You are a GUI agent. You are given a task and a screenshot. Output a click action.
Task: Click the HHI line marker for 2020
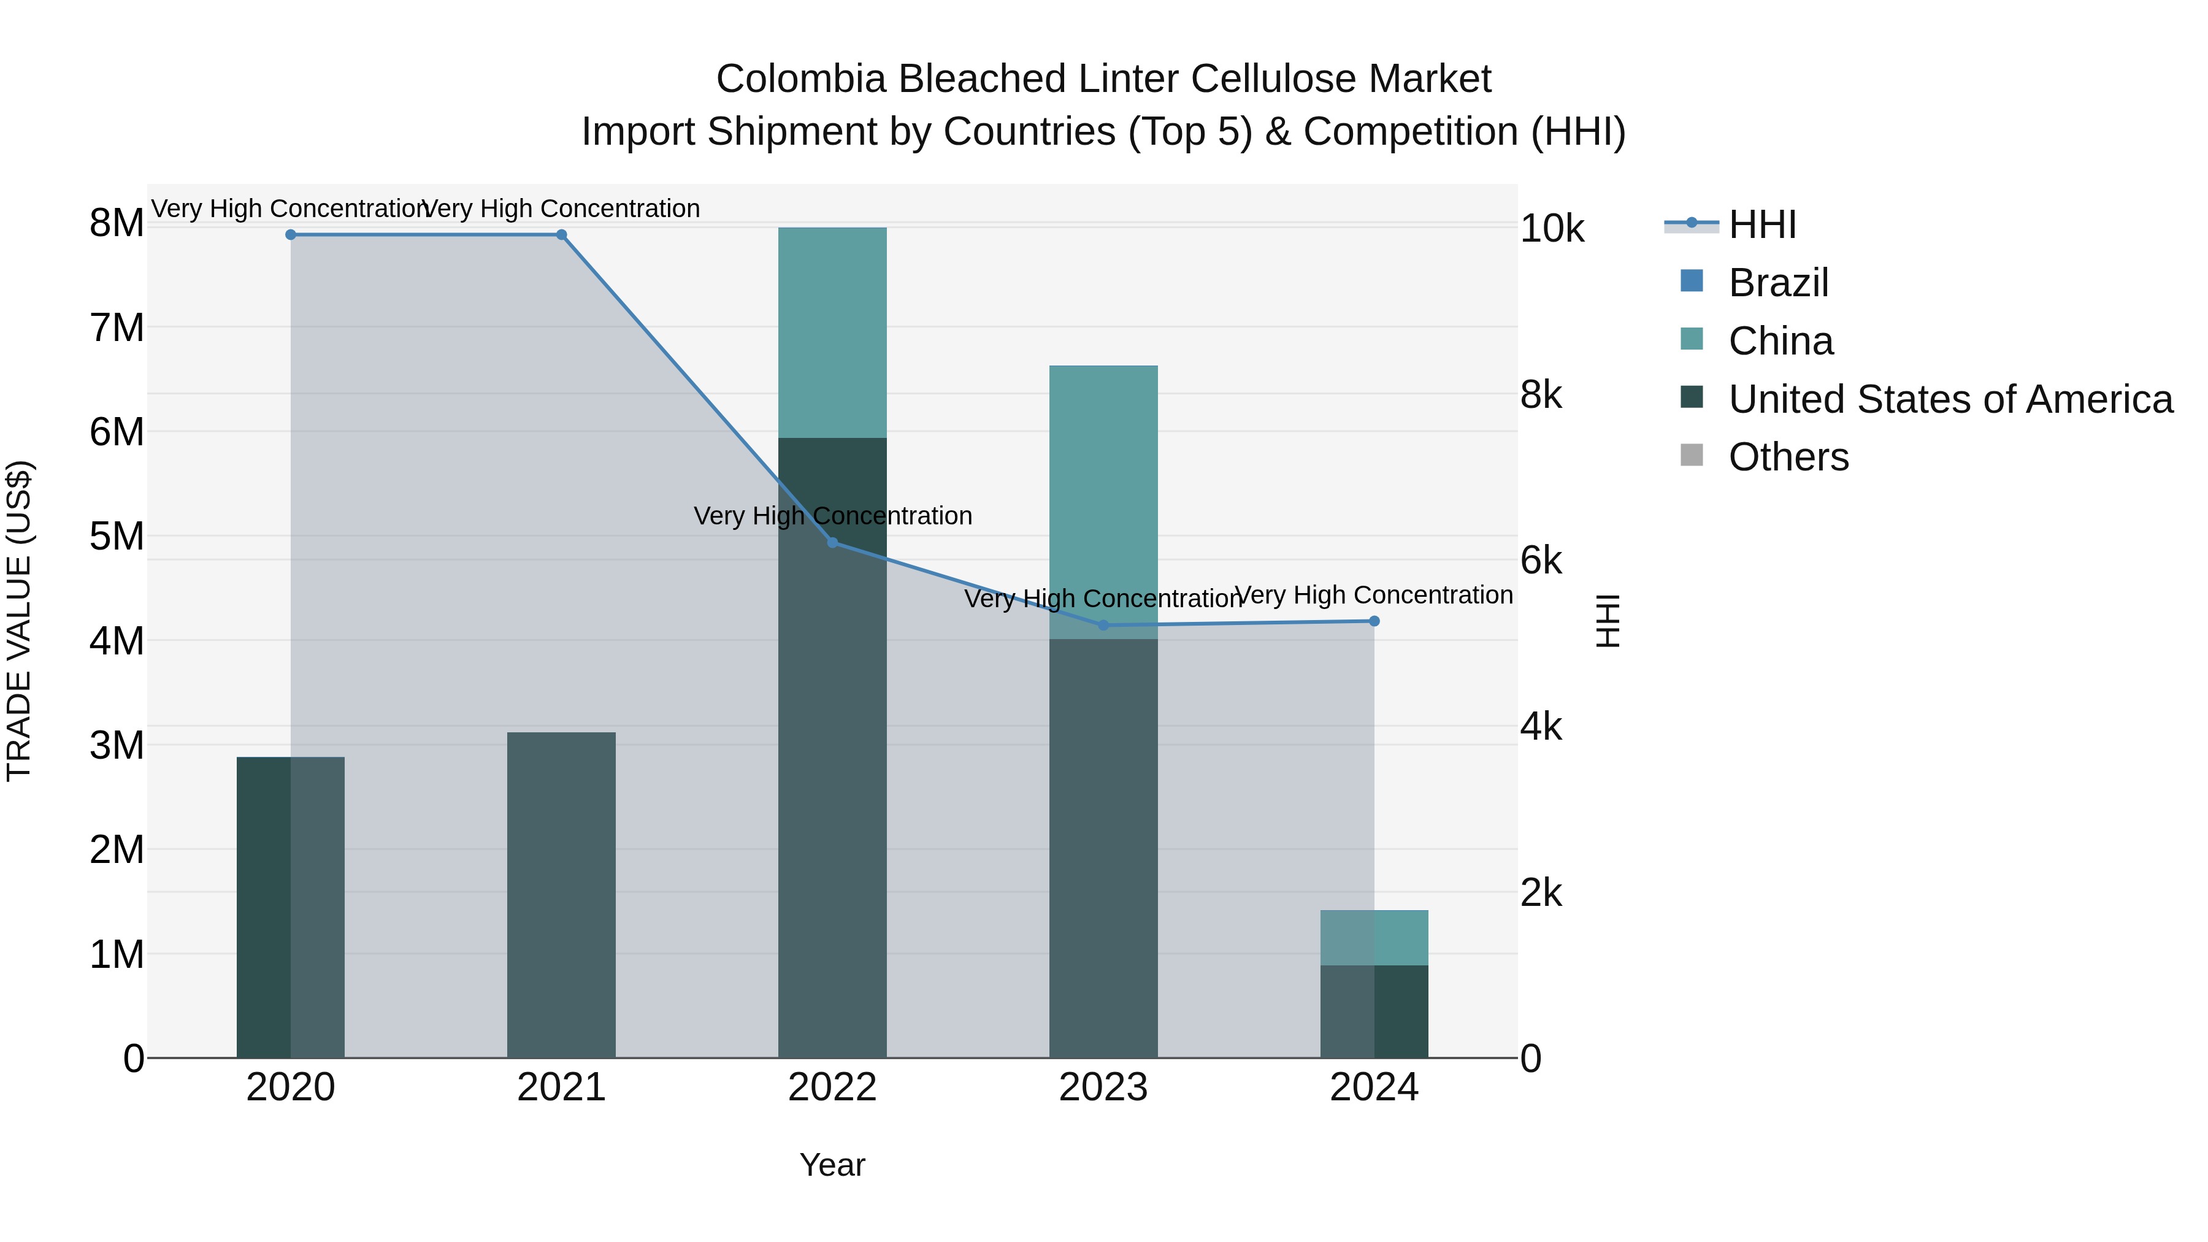point(291,235)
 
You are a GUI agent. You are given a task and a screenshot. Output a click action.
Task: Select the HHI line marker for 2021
point(561,235)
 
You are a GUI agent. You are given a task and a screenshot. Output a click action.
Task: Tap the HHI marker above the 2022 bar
point(832,543)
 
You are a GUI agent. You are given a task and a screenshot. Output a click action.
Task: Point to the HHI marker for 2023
point(1103,626)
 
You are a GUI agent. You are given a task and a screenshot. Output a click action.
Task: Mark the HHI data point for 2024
point(1374,621)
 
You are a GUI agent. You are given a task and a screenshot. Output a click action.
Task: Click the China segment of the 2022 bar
point(832,332)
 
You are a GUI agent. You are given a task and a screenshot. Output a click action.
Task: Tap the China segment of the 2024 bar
point(1374,938)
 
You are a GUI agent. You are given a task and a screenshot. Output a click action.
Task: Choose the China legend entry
point(1781,341)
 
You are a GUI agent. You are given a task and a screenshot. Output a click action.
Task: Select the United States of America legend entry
point(1950,399)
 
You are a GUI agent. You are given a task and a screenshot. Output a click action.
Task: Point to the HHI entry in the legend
point(1761,224)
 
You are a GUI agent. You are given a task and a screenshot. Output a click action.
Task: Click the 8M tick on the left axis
point(117,223)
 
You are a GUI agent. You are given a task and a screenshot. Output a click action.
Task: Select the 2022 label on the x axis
point(832,1087)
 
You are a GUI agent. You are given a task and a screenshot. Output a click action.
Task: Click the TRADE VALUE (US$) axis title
point(19,621)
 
